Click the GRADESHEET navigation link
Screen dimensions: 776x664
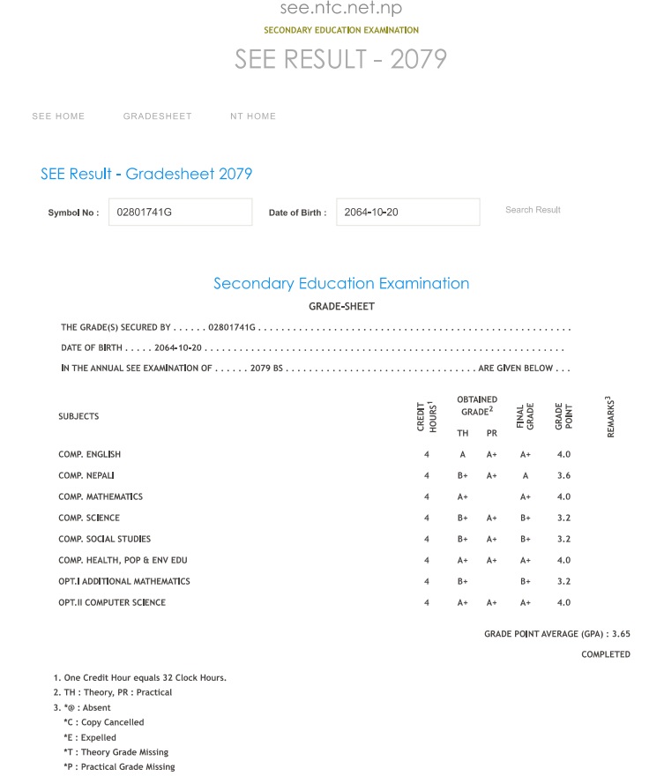click(157, 116)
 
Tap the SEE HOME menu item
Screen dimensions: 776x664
click(58, 116)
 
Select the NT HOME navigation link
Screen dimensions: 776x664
click(253, 116)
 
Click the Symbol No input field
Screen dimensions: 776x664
click(180, 213)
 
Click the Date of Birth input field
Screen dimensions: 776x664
click(407, 213)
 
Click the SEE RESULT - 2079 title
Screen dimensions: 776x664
click(340, 59)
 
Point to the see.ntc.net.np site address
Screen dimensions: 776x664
click(341, 9)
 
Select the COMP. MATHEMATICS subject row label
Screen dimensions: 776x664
click(101, 496)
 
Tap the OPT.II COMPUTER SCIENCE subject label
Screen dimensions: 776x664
click(112, 602)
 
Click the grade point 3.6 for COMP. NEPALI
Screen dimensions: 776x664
click(563, 475)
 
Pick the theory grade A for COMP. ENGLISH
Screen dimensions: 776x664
click(463, 454)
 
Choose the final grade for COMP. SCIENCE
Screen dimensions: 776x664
click(526, 518)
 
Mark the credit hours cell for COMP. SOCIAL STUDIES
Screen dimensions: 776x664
click(426, 539)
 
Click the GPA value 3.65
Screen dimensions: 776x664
click(621, 633)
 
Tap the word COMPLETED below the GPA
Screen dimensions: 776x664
click(606, 654)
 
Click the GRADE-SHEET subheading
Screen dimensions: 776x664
click(341, 307)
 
